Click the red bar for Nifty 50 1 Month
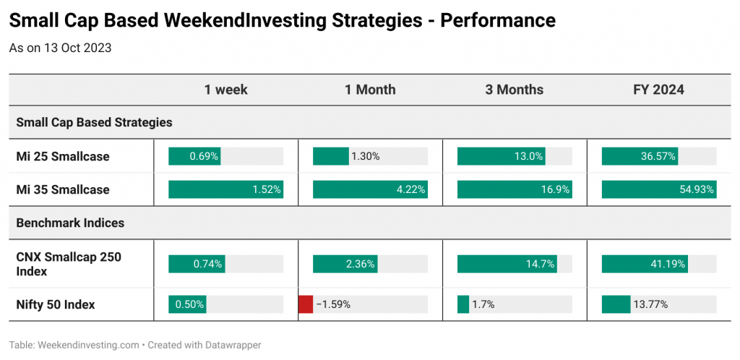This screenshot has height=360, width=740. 306,304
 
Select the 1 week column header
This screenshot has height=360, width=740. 225,90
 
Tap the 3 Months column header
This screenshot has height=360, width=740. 515,90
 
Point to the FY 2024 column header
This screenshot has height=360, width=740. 659,90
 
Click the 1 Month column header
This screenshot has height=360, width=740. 371,90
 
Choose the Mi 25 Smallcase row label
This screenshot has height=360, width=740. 63,157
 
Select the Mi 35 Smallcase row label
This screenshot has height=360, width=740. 63,189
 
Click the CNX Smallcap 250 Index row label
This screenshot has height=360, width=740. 69,265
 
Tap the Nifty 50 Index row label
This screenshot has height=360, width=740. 56,305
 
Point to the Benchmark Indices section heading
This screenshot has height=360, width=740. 70,223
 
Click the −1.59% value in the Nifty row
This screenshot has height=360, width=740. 333,305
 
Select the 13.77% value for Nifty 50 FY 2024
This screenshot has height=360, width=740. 651,305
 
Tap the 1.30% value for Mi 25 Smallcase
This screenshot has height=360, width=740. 366,157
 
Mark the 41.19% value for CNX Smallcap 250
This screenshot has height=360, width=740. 669,265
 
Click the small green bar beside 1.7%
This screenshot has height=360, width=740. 463,304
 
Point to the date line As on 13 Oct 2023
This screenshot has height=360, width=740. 61,48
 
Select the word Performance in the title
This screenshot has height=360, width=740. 497,21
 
